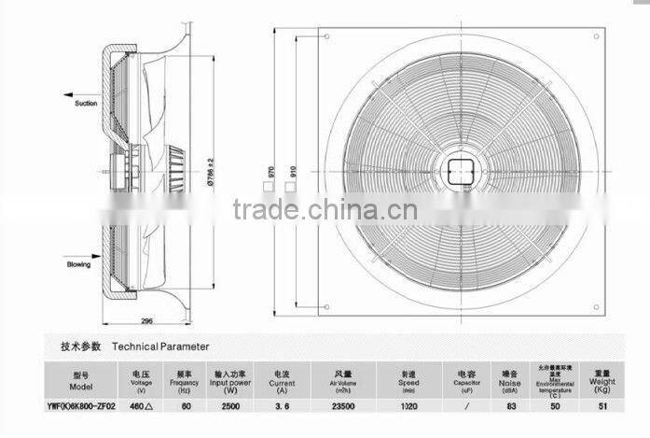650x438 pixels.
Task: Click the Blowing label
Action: pos(78,264)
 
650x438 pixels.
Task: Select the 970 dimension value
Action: pos(270,169)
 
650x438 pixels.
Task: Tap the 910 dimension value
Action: pos(292,169)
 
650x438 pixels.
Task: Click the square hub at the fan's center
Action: pos(459,170)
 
